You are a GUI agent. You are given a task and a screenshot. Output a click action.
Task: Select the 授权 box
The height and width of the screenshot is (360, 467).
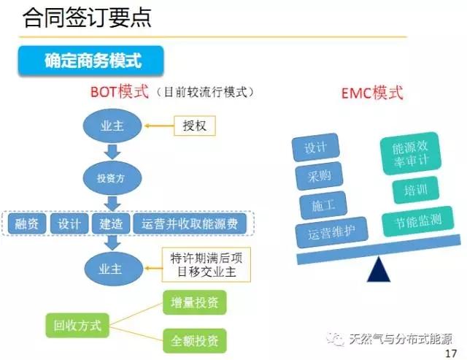pyautogui.click(x=195, y=126)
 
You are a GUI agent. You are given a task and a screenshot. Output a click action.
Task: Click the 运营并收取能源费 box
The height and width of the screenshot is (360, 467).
pyautogui.click(x=190, y=223)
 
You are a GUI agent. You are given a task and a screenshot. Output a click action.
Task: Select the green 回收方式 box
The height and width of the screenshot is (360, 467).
pyautogui.click(x=77, y=323)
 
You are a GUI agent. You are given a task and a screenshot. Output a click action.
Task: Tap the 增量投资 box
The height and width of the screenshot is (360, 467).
pyautogui.click(x=194, y=302)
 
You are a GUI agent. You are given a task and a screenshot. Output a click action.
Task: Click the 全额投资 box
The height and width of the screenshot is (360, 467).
pyautogui.click(x=194, y=340)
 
